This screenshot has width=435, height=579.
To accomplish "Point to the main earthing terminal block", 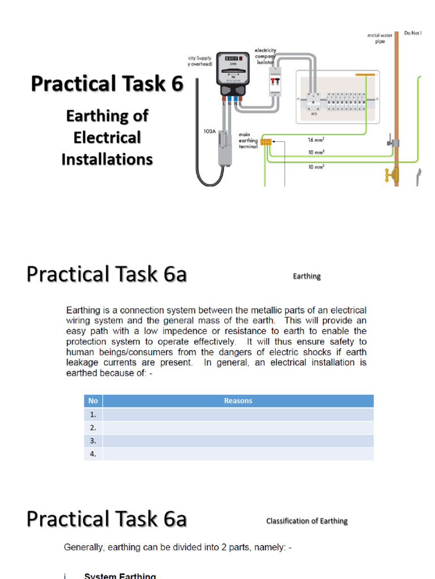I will pyautogui.click(x=266, y=142).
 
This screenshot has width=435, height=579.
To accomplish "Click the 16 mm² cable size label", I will pyautogui.click(x=315, y=139).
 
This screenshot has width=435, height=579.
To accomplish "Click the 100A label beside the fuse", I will pyautogui.click(x=210, y=132).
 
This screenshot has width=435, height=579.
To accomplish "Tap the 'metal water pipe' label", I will pyautogui.click(x=379, y=38).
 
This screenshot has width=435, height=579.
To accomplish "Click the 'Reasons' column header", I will pyautogui.click(x=238, y=401).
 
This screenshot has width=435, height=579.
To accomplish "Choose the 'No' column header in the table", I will pyautogui.click(x=93, y=401).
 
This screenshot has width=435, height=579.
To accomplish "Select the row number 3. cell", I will pyautogui.click(x=93, y=440).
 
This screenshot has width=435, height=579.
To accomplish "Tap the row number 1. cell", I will pyautogui.click(x=93, y=414).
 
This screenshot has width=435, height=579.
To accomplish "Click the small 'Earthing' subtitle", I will pyautogui.click(x=306, y=276).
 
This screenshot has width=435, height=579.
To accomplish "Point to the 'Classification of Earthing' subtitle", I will pyautogui.click(x=306, y=521).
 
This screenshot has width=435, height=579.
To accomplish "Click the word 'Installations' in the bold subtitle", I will pyautogui.click(x=107, y=159).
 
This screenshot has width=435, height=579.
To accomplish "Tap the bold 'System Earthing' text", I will pyautogui.click(x=120, y=576).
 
